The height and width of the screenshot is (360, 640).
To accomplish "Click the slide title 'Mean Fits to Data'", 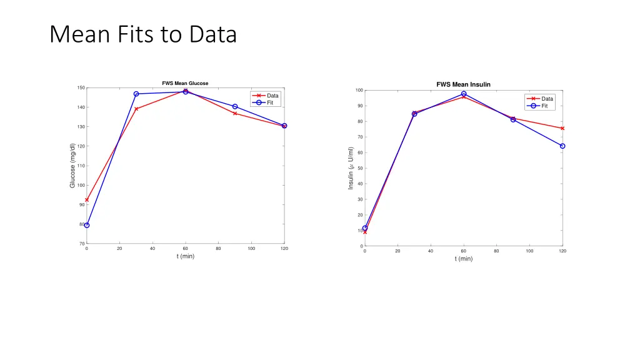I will coord(143,34).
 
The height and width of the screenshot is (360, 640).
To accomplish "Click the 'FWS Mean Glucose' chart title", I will coord(185,83).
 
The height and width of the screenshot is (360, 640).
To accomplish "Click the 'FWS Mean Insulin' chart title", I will coord(463,84).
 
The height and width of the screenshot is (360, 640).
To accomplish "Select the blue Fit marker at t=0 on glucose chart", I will coord(87,225).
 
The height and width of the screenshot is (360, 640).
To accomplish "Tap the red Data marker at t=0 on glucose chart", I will coord(87,200).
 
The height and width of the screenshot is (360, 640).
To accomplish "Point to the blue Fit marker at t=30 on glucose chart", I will coord(136,94).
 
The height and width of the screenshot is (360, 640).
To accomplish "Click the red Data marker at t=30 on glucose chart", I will coord(136,109).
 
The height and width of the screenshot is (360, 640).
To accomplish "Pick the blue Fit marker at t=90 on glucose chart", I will coord(235,106).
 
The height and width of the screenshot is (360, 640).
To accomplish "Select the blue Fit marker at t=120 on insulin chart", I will coord(562,146).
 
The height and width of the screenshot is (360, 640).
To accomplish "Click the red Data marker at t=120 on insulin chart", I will coord(562,128).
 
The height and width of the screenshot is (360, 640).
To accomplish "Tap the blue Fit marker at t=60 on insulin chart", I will coord(464,94).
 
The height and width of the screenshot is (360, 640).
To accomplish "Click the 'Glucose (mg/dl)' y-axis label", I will coord(72,166).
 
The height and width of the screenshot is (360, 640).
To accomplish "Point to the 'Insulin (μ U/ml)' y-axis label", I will coord(351,168).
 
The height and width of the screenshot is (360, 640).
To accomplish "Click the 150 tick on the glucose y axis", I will coord(81,87).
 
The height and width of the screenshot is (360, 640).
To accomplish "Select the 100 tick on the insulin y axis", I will coord(359,91).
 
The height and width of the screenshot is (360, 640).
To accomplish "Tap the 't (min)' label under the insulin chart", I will coord(463,259).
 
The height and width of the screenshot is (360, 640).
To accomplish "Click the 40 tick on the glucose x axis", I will coord(152,249).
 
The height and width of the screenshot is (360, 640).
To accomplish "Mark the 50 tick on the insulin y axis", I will coord(360,168).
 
